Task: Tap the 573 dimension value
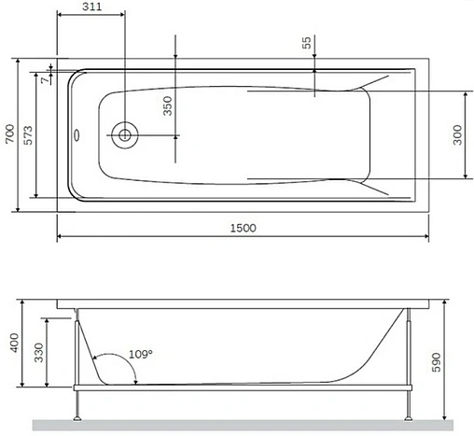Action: pos(29,134)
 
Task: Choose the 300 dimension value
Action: pos(457,136)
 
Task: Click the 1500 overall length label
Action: pos(243,228)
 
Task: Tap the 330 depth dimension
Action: pos(36,351)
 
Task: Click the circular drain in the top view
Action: pos(123,134)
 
